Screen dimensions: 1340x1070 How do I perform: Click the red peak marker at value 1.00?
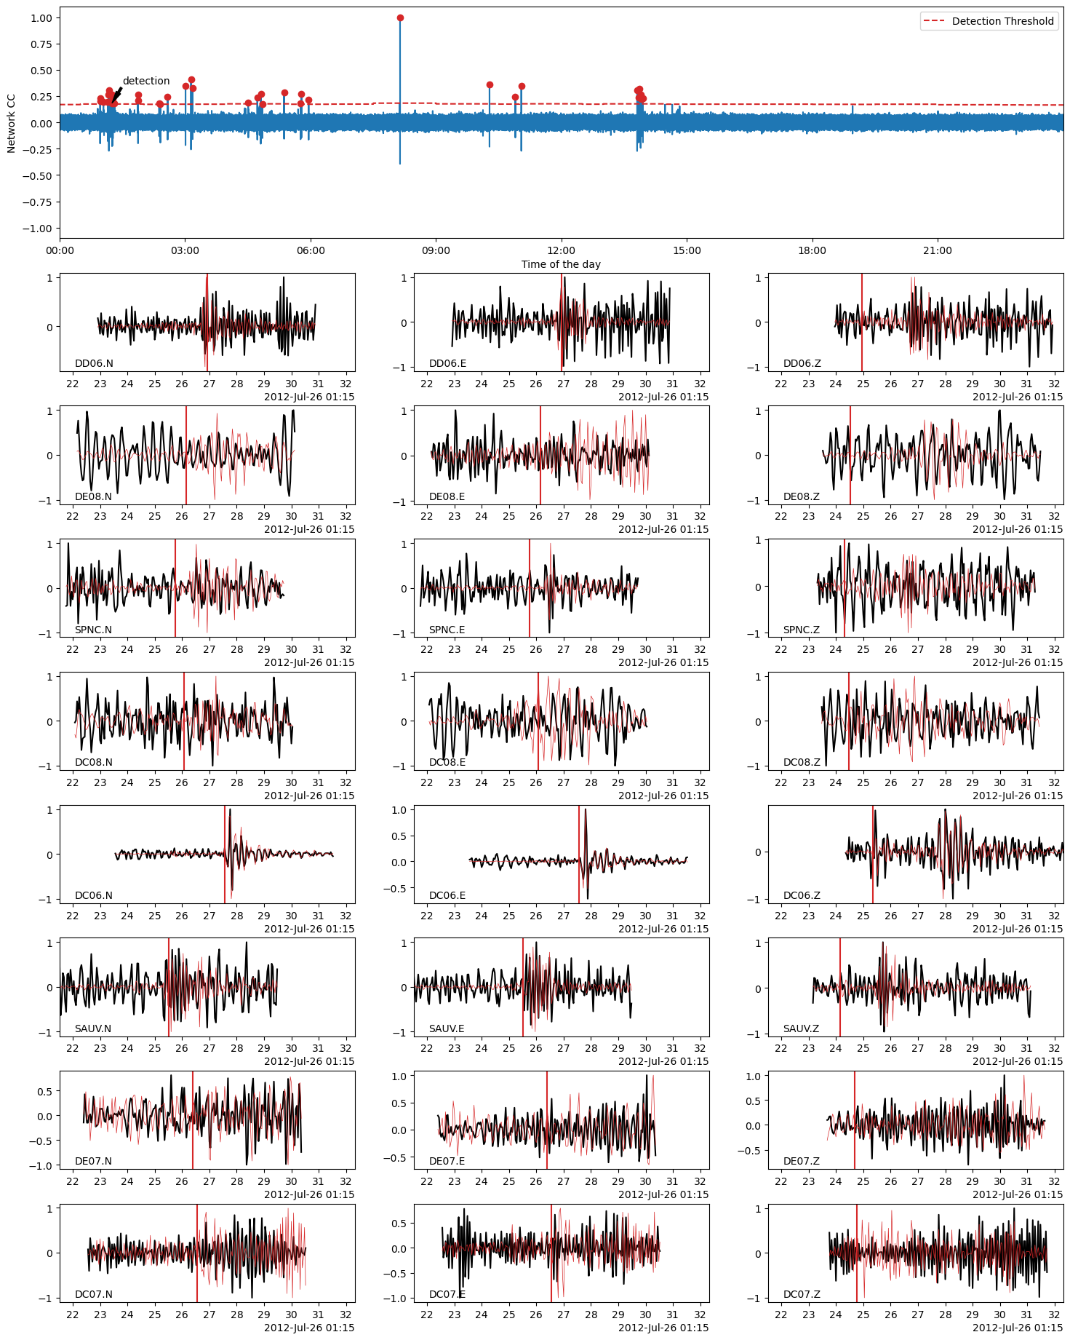(400, 18)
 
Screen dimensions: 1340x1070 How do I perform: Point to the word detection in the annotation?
(145, 81)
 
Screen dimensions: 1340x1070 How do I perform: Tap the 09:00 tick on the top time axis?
(436, 250)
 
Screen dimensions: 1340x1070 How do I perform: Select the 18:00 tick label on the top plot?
(812, 250)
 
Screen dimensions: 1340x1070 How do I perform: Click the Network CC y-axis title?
(11, 123)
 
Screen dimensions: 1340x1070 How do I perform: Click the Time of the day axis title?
(561, 264)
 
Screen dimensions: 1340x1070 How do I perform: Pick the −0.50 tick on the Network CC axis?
(40, 175)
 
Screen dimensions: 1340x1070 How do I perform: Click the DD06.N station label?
(94, 363)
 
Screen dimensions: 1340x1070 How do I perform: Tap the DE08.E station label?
(447, 496)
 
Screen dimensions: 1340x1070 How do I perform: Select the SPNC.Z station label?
(801, 630)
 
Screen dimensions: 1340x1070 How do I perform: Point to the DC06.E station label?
(447, 895)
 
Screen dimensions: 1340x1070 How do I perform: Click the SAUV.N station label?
(93, 1028)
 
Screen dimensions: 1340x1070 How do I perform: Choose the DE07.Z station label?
(801, 1161)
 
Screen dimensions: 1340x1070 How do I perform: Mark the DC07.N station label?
(94, 1294)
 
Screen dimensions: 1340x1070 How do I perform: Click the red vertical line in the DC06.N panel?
(225, 854)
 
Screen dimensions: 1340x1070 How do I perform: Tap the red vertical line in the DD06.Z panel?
(862, 322)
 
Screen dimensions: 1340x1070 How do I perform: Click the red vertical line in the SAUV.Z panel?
(840, 987)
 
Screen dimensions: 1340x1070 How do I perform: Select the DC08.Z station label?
(801, 762)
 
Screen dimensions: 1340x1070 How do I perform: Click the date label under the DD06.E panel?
(663, 397)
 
